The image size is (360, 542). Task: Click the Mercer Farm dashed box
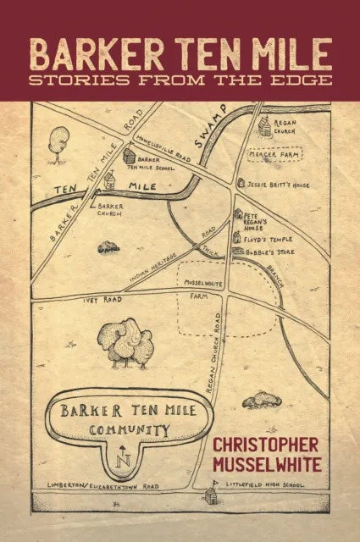(x=274, y=156)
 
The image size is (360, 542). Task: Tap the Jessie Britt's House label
(x=279, y=185)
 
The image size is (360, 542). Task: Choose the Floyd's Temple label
(x=269, y=241)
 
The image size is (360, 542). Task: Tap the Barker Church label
(x=111, y=209)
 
